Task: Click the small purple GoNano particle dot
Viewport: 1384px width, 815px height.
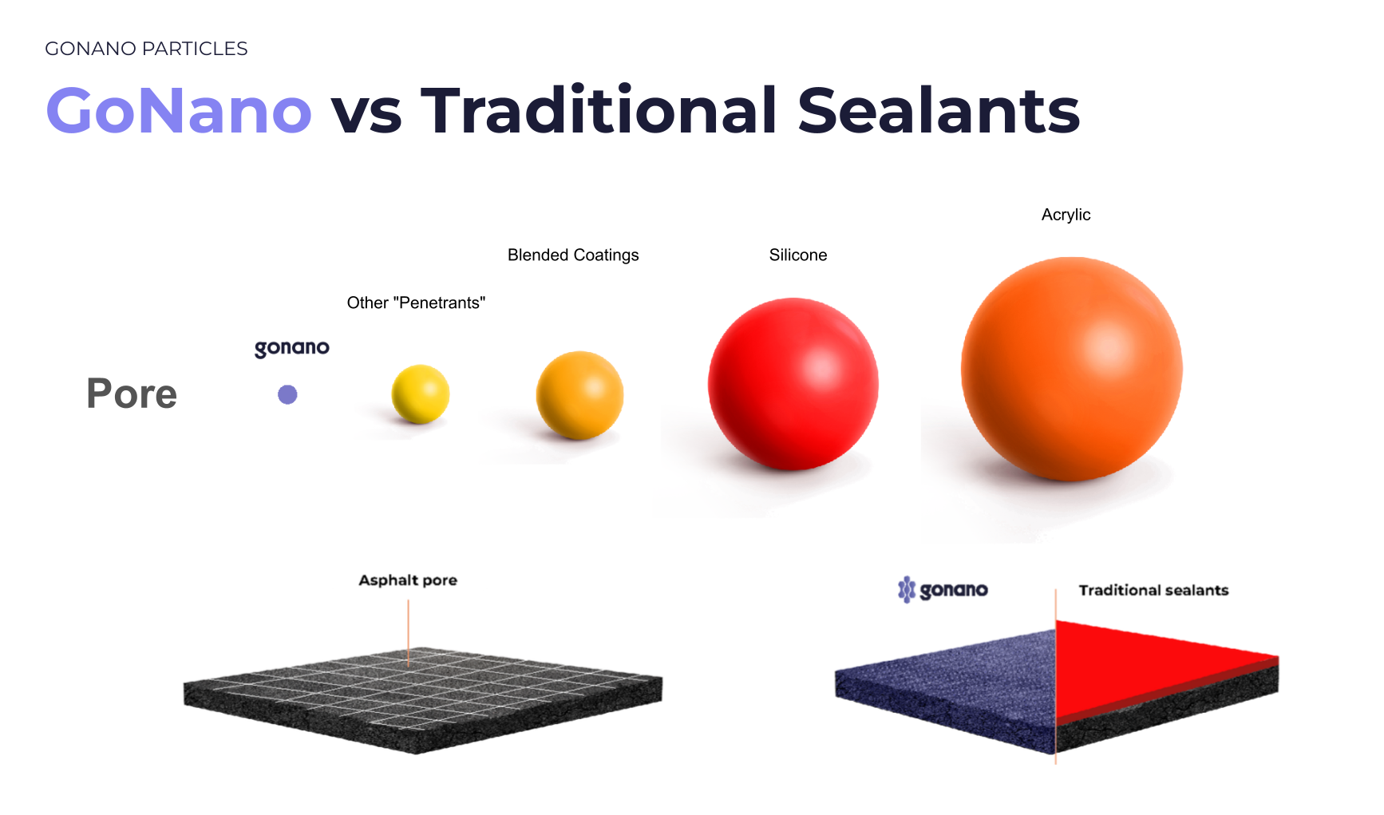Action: pyautogui.click(x=287, y=394)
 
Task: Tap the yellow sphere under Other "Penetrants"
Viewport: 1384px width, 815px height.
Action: pyautogui.click(x=421, y=394)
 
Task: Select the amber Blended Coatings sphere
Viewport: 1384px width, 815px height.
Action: pyautogui.click(x=580, y=395)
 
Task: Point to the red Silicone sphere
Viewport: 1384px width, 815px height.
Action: pyautogui.click(x=793, y=384)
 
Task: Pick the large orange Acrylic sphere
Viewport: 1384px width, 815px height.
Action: pyautogui.click(x=1072, y=369)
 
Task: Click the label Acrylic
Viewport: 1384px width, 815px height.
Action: pyautogui.click(x=1066, y=215)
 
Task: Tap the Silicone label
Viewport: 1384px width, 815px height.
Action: pyautogui.click(x=798, y=255)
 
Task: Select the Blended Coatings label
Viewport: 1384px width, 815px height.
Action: pyautogui.click(x=573, y=255)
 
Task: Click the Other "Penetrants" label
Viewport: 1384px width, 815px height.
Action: pyautogui.click(x=416, y=303)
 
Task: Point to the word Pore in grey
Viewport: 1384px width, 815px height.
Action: pyautogui.click(x=132, y=394)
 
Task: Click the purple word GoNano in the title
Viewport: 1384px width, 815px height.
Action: pyautogui.click(x=179, y=110)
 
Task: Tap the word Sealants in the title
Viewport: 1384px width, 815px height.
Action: pyautogui.click(x=939, y=110)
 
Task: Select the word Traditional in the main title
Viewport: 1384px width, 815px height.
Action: pyautogui.click(x=599, y=110)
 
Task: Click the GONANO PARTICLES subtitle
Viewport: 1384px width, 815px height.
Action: pyautogui.click(x=146, y=49)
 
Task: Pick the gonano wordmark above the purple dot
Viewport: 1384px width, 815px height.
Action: pyautogui.click(x=292, y=348)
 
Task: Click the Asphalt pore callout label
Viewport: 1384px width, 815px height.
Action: pyautogui.click(x=408, y=580)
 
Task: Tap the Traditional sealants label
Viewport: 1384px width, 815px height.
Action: pyautogui.click(x=1153, y=590)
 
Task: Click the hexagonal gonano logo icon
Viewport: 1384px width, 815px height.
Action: pyautogui.click(x=907, y=590)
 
